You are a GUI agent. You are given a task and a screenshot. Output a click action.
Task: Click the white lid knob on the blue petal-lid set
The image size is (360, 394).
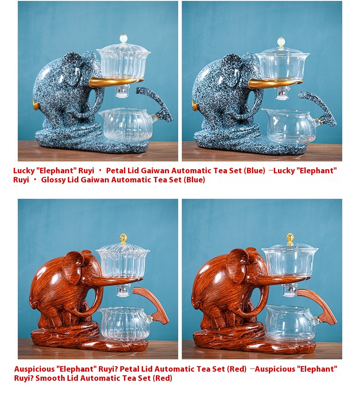(123, 38)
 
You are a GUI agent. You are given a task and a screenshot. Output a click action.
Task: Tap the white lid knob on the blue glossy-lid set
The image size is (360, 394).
(281, 42)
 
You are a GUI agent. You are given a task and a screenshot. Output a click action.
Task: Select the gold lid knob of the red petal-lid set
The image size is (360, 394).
(123, 238)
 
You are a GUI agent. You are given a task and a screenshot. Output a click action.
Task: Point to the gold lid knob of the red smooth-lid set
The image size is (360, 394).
(290, 238)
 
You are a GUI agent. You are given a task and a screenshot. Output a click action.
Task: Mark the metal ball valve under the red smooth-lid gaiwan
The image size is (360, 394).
(290, 291)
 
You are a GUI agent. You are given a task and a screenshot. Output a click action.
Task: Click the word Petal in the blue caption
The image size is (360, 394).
(115, 171)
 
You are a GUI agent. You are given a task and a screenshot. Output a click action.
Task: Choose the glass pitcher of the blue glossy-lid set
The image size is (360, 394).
(289, 126)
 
